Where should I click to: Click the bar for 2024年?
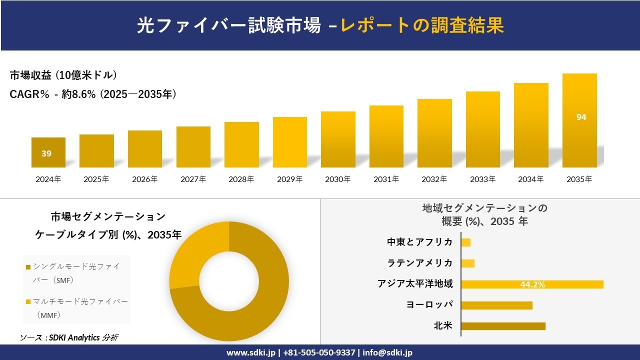point(48,152)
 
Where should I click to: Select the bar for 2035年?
point(579,120)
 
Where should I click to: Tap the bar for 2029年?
point(290,142)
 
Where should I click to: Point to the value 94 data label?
point(581,117)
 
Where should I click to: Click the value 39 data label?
point(46,153)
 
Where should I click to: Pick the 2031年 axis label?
point(386,179)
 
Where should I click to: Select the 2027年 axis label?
point(193,179)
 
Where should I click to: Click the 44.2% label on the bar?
point(532,284)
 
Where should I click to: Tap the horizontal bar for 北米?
point(503,326)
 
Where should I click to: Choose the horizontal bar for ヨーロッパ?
point(496,305)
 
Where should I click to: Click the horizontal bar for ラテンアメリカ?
point(467,263)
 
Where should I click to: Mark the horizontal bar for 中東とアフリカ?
point(465,242)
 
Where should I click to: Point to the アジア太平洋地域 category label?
point(415,284)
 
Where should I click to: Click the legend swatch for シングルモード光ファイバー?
point(28,267)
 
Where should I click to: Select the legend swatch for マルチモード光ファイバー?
point(28,302)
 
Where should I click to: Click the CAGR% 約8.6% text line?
point(93,94)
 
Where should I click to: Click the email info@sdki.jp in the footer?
point(387,352)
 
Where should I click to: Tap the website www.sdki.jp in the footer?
point(250,352)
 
